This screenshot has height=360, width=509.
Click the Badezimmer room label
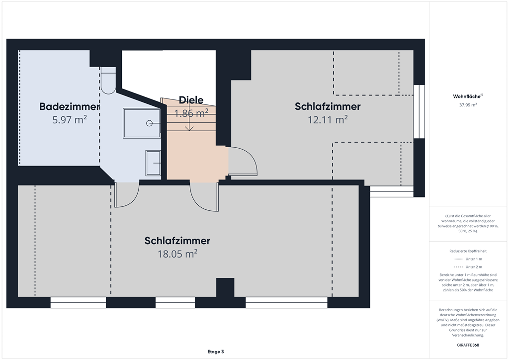point(69,106)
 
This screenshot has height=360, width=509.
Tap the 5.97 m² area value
point(70,120)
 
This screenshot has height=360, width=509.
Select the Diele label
point(191,100)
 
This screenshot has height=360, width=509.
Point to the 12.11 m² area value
point(328,120)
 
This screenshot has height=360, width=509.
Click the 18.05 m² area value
point(177,254)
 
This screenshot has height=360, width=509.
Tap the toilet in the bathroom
point(108,81)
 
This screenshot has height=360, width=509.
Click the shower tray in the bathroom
point(142,123)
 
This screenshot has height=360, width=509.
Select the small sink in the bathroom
point(153,163)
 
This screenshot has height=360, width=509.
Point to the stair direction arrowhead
point(189,129)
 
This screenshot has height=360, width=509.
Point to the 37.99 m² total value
point(468,105)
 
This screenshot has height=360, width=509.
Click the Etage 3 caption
point(216,352)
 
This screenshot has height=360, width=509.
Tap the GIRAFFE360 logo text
point(468,345)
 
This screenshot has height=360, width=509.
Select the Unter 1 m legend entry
point(468,259)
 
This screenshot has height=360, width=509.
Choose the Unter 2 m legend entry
point(468,267)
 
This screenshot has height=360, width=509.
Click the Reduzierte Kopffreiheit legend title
point(468,251)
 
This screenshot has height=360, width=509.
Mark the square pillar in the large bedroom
point(225,287)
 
